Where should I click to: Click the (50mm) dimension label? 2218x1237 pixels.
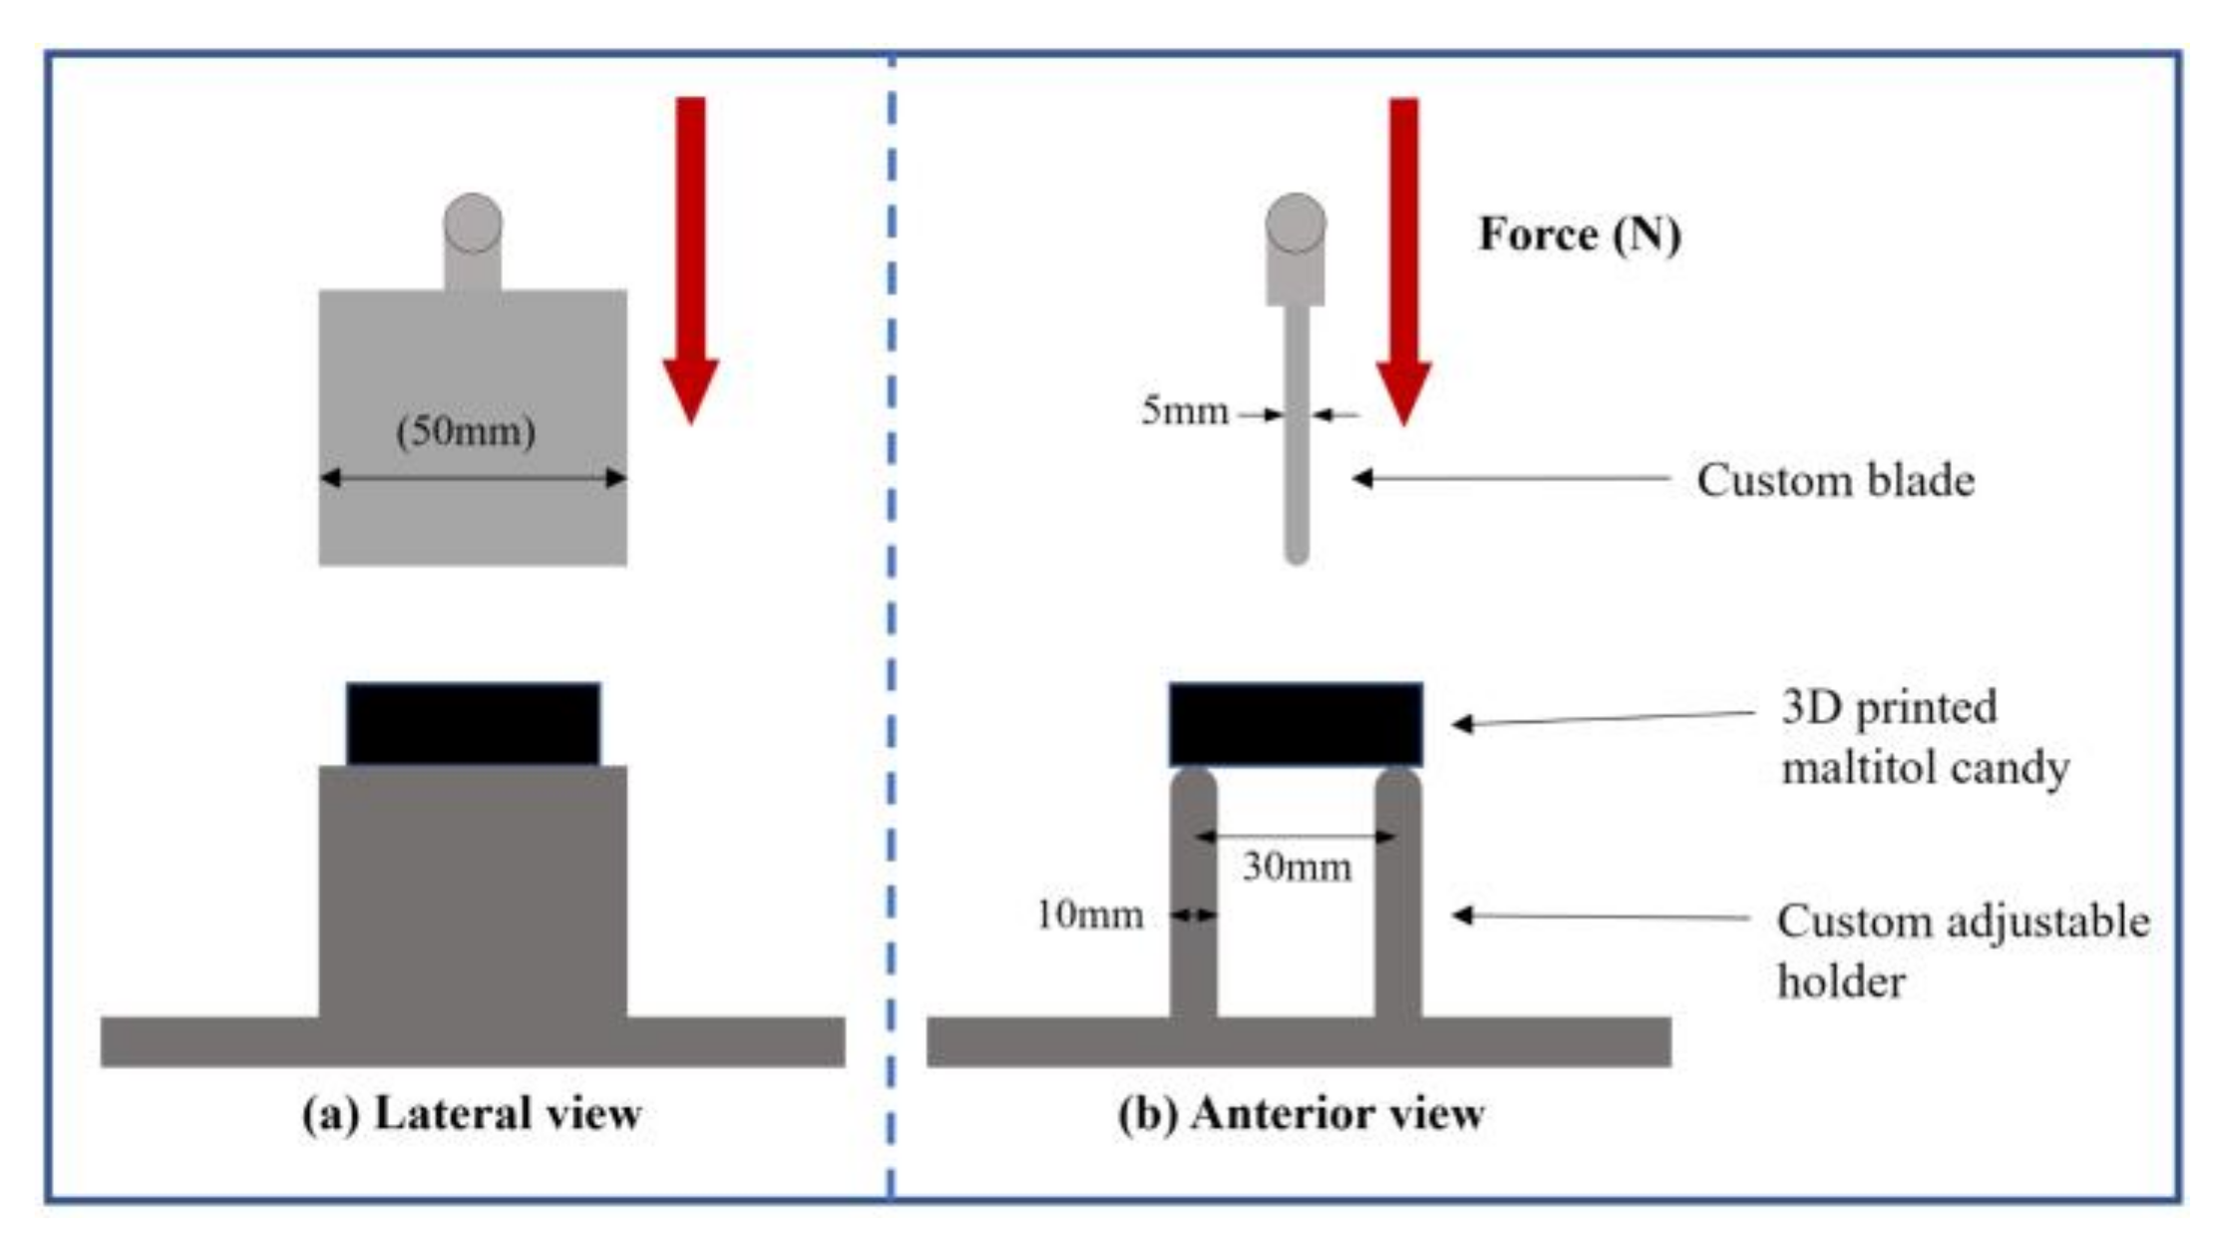tap(466, 432)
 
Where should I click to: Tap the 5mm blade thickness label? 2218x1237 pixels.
tap(1184, 410)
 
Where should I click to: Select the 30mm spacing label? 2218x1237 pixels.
tap(1296, 867)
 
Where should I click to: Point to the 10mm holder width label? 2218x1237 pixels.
tap(1089, 915)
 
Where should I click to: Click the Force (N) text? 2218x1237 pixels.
tap(1580, 235)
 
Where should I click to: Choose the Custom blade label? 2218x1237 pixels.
tap(1835, 481)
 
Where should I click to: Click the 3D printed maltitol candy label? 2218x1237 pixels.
tap(1924, 737)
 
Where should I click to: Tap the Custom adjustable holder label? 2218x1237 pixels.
tap(1962, 951)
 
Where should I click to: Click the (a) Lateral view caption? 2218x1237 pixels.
tap(472, 1113)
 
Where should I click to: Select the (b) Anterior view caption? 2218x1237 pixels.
tap(1300, 1113)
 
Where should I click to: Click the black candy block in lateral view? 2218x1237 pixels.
tap(474, 723)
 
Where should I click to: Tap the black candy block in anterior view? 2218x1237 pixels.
tap(1295, 723)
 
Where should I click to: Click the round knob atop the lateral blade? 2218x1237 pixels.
tap(473, 222)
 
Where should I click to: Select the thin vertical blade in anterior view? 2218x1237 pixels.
tap(1295, 449)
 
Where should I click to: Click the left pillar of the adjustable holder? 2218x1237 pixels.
tap(1193, 898)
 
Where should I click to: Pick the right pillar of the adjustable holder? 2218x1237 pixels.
tap(1397, 898)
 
